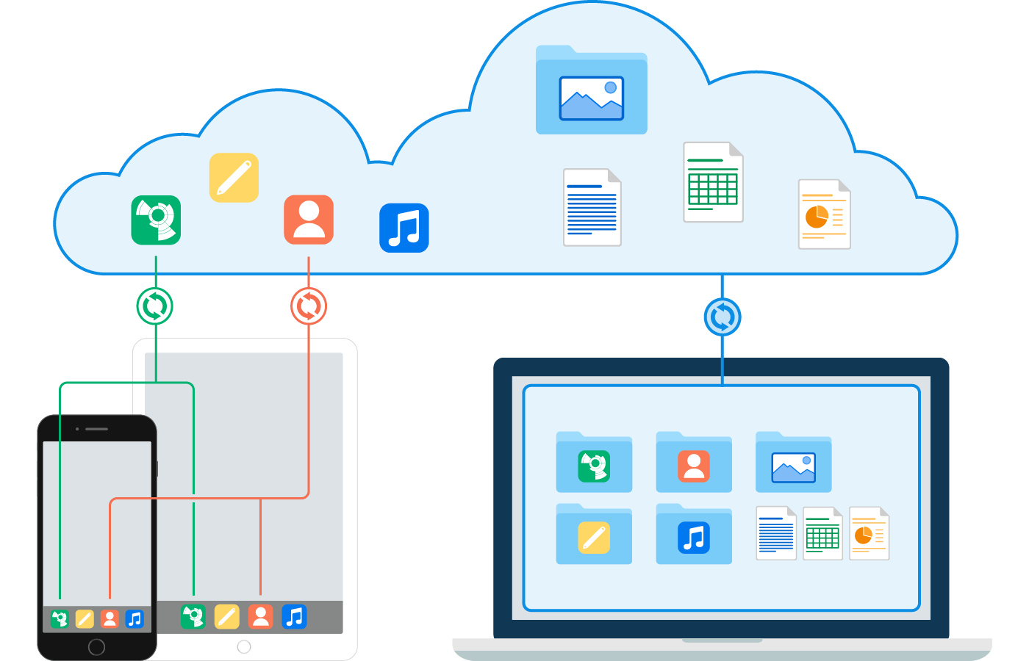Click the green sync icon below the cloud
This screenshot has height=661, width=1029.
(154, 306)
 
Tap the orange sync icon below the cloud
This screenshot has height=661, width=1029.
(309, 306)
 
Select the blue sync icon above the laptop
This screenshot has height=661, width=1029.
(723, 317)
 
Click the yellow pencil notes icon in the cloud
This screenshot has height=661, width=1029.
(234, 178)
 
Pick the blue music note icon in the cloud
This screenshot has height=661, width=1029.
(404, 228)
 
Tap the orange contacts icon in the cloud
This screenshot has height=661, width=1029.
(309, 220)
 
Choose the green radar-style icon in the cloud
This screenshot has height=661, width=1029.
(156, 220)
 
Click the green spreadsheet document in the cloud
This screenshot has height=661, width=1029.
(713, 182)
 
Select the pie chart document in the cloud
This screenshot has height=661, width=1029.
(824, 214)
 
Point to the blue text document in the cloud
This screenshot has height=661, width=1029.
(592, 208)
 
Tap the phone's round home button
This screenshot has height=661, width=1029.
(96, 646)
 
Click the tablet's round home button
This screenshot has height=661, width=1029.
(244, 646)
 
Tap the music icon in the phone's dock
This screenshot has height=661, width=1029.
(135, 619)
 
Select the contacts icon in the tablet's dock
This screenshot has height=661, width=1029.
(260, 617)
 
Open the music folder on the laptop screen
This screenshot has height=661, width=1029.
(694, 535)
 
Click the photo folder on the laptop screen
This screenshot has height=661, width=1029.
(793, 463)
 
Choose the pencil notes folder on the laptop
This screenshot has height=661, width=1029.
(594, 535)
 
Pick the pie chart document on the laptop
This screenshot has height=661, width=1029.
(869, 534)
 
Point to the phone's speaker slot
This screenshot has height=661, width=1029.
(96, 429)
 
